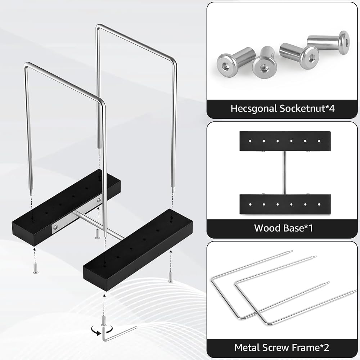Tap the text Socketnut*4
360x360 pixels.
coord(307,108)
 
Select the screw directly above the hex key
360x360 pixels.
coord(104,320)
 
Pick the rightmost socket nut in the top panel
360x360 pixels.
coord(328,42)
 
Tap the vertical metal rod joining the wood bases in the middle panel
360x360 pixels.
coord(285,173)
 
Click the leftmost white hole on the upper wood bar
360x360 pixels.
coord(250,141)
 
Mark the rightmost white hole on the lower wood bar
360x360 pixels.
coord(319,204)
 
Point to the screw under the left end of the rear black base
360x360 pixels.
coord(36,269)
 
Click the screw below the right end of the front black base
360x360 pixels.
coord(170,277)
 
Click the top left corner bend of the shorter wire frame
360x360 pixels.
coord(27,65)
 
